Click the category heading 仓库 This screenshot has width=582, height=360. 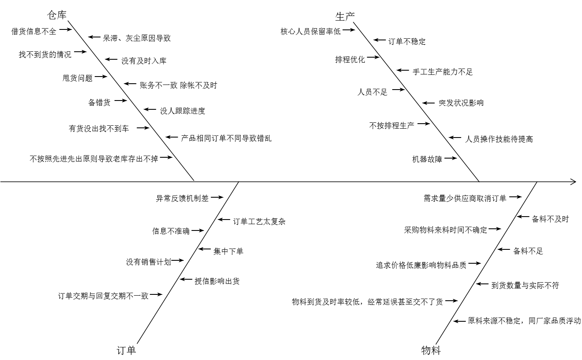[57, 16]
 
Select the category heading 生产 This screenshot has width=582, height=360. [345, 16]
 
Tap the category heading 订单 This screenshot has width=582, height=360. [126, 350]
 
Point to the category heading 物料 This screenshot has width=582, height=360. [431, 350]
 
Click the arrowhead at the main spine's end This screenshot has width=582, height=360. [573, 182]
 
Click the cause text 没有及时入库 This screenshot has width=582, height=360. [144, 61]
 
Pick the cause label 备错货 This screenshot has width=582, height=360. [99, 102]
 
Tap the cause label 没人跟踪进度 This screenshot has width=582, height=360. [183, 111]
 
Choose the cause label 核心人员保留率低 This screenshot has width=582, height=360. [311, 31]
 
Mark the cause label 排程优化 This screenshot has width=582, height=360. [350, 59]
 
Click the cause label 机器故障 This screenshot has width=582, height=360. [427, 159]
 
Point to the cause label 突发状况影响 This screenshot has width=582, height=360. [461, 103]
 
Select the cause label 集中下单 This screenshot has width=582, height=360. [229, 251]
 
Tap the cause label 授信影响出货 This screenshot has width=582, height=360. [217, 281]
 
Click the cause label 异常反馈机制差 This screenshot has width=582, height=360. [182, 199]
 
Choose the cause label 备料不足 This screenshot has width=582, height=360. [528, 251]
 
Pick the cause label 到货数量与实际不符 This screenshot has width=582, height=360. [525, 286]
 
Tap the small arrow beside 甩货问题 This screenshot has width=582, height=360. [101, 77]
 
